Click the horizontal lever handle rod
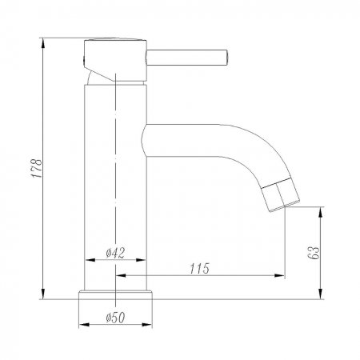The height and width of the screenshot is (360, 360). coord(187,56)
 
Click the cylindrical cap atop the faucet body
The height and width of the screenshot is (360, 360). coord(116,58)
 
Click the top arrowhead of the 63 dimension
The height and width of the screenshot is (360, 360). coord(322,210)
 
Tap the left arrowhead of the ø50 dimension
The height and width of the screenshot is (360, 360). coord(82,325)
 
